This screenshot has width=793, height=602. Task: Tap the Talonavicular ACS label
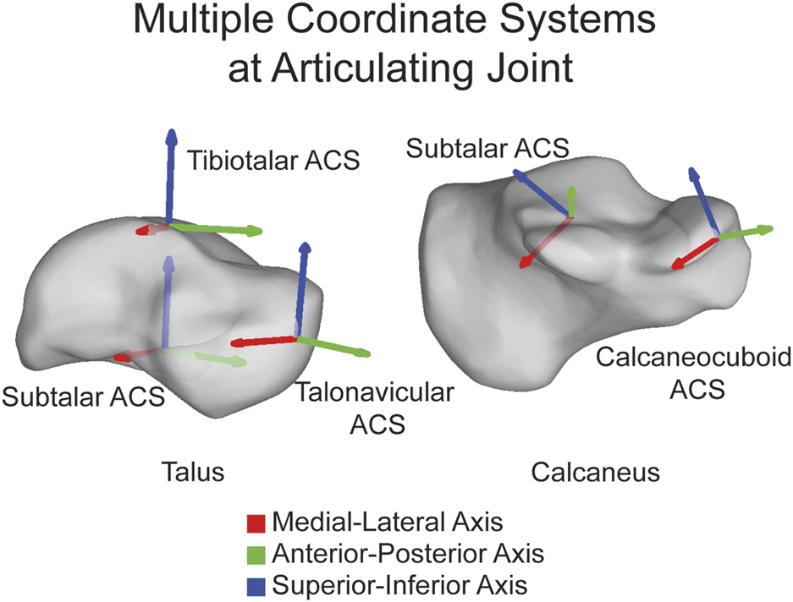pyautogui.click(x=375, y=407)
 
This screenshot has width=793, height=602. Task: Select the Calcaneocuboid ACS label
pyautogui.click(x=693, y=373)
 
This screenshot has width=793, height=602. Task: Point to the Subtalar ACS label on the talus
pyautogui.click(x=82, y=396)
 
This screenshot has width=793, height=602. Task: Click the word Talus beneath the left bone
pyautogui.click(x=193, y=472)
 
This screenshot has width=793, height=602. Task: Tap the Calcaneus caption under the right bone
pyautogui.click(x=595, y=472)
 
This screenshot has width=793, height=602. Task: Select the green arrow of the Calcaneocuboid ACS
pyautogui.click(x=748, y=232)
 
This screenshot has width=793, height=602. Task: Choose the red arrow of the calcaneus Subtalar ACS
pyautogui.click(x=542, y=244)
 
